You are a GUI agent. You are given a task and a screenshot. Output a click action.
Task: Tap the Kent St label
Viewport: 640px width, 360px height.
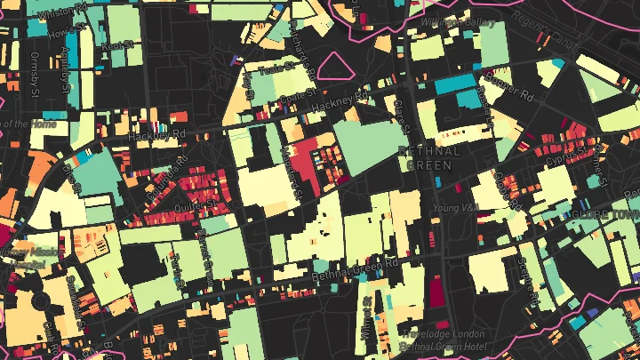point(118,44)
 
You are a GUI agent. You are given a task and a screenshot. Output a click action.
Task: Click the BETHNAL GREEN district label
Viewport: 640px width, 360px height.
point(430,158)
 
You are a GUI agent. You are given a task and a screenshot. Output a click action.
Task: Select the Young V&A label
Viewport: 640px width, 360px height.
point(456,208)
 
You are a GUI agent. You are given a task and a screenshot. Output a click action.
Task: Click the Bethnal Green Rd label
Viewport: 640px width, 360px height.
point(356,270)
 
